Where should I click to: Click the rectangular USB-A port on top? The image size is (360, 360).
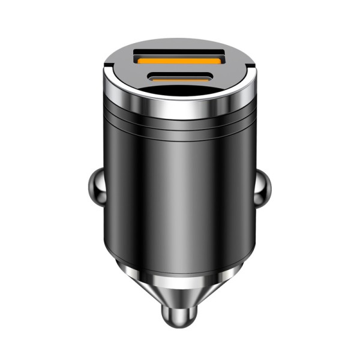[179, 59]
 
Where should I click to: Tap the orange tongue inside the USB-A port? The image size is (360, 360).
[179, 61]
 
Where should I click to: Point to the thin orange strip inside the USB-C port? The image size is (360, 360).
[179, 77]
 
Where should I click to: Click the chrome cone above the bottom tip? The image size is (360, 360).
[180, 294]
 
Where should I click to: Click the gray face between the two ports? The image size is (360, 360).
[179, 69]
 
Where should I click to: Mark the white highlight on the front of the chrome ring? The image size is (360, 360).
[180, 107]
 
